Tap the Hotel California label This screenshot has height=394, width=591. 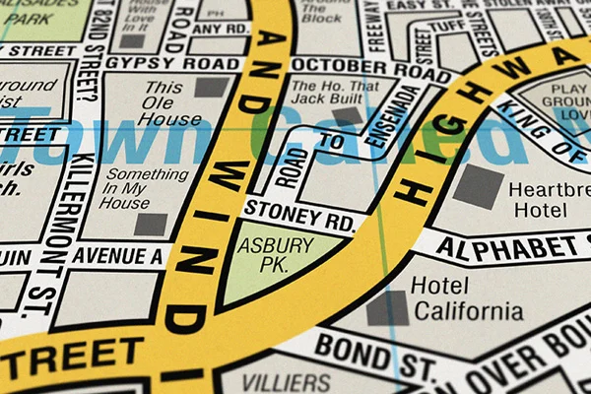coord(466,298)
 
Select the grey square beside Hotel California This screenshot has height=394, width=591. coord(386,308)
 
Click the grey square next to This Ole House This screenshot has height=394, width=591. coord(211,87)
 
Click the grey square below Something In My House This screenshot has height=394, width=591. coord(151,224)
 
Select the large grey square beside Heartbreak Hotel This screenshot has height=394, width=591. coord(478,185)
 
